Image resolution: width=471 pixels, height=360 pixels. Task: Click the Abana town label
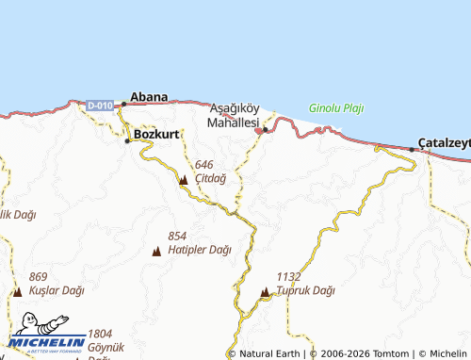(150, 96)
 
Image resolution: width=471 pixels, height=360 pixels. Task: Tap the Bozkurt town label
(156, 134)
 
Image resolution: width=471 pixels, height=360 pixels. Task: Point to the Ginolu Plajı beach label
(336, 107)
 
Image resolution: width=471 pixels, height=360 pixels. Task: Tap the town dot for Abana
(124, 105)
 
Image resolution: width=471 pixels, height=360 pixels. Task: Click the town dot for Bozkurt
(128, 141)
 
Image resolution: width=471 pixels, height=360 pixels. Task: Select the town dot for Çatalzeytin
(412, 149)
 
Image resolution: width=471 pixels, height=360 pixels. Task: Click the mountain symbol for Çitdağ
(183, 179)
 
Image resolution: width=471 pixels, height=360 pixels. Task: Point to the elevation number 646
(204, 165)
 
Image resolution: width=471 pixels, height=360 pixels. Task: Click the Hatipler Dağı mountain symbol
(156, 251)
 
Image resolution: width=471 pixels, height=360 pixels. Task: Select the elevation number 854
(178, 236)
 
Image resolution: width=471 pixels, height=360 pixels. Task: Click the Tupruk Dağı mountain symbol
(265, 292)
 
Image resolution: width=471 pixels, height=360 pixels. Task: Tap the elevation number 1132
(288, 276)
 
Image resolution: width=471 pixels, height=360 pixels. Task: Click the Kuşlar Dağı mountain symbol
(18, 292)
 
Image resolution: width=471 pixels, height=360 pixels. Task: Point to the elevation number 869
(38, 277)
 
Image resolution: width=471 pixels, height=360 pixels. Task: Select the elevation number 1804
(100, 334)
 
